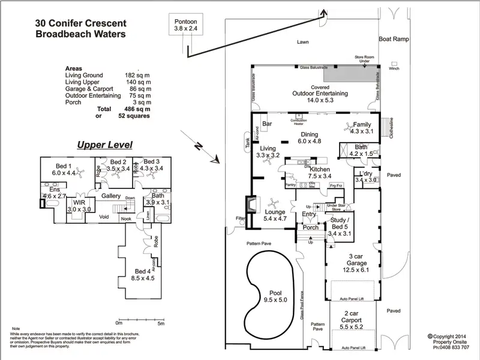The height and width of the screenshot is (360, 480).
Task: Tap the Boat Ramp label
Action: point(393,39)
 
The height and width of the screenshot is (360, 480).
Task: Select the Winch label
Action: point(394,68)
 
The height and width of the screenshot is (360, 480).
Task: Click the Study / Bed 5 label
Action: point(340,229)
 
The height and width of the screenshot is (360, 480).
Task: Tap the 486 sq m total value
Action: point(137,109)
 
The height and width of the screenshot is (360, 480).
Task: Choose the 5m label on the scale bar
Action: point(161,324)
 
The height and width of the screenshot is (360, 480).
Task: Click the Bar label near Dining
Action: point(268,124)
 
